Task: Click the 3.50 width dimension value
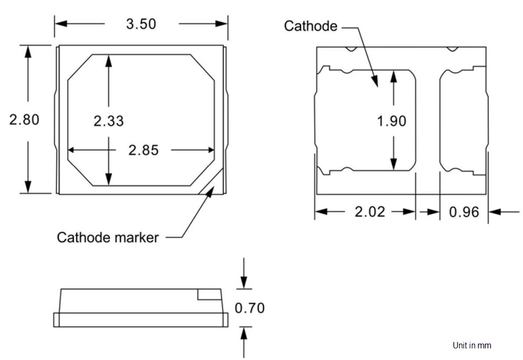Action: coord(141,24)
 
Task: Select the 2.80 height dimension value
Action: coord(24,119)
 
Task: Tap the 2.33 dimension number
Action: coord(108,121)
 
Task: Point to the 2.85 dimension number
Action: coord(143,150)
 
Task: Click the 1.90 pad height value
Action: coord(391,121)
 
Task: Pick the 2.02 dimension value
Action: coord(370,212)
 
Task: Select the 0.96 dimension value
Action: coord(464,212)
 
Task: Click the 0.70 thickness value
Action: coord(249,308)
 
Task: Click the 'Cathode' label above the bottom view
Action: coord(311,26)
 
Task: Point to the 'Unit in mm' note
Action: coord(472,345)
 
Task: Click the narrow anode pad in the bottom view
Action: coord(462,121)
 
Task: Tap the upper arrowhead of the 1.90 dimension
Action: coord(393,76)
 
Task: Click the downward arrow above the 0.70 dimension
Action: coord(244,280)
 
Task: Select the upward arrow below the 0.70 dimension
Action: coord(244,335)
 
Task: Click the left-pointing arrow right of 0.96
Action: coord(496,212)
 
